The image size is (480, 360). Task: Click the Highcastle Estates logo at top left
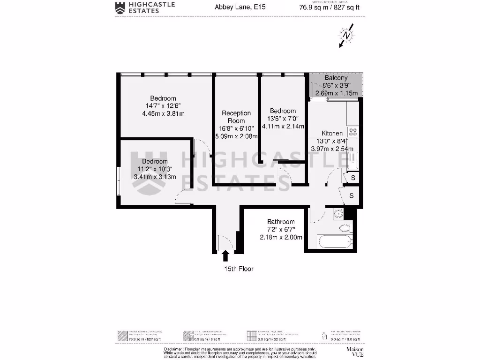tap(145, 7)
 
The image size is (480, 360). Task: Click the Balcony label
tap(336, 78)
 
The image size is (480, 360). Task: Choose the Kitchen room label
tap(332, 134)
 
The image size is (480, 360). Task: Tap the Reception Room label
tap(236, 117)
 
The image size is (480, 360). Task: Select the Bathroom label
tap(281, 222)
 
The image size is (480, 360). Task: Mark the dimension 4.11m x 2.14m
tap(283, 126)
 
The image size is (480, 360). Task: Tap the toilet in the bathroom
tap(345, 228)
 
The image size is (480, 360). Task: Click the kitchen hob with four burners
tap(352, 132)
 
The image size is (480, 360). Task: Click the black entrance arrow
tap(225, 255)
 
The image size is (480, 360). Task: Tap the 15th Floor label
tap(238, 269)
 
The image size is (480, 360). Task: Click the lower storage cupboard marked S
tap(351, 195)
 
